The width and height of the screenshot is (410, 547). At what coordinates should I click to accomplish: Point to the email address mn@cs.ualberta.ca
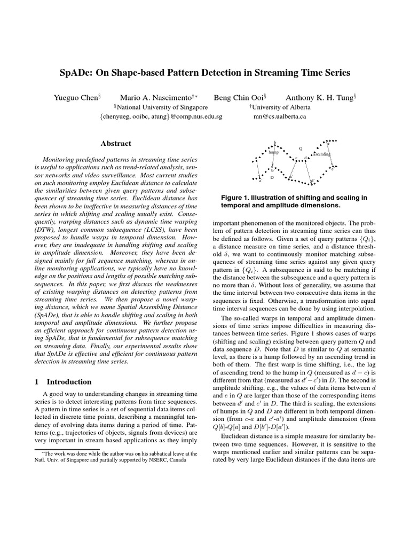tap(279, 116)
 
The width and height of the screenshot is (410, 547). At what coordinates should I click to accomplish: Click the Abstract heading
tap(116, 143)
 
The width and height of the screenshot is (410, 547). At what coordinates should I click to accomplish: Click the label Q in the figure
tap(300, 148)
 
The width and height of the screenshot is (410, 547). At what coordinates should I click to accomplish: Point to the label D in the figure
tap(272, 177)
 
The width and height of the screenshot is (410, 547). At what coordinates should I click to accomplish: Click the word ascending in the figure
tap(322, 154)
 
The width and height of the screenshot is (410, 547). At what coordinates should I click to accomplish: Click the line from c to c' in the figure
tap(294, 167)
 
